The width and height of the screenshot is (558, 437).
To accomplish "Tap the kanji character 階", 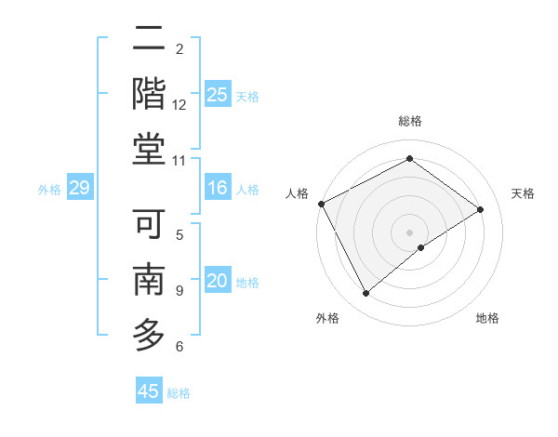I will coord(149,94).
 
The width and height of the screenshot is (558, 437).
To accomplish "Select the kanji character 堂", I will coord(149,149).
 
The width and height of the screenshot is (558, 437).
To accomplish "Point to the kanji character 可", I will coord(149,224).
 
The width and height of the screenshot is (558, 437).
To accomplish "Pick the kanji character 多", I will coord(149,335).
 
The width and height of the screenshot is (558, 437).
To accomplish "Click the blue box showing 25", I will coord(218,94).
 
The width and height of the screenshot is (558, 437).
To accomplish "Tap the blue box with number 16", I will coord(218,189).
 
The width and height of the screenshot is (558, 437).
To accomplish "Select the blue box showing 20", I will coord(218,282).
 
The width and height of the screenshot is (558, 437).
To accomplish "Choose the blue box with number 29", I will coord(79,189).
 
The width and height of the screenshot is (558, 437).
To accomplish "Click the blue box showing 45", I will coord(149,391).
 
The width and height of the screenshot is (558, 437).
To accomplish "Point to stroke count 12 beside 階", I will coord(179,105).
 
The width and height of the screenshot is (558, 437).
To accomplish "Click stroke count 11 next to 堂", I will coord(179,161).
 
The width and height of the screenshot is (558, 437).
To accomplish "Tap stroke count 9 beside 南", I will coord(179,291).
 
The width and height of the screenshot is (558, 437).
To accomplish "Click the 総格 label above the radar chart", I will coord(409,121).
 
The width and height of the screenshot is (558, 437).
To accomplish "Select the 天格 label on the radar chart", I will coord(523,193).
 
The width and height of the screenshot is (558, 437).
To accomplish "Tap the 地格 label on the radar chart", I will coord(487,318).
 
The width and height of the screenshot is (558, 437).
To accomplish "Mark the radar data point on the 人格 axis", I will coord(321,204).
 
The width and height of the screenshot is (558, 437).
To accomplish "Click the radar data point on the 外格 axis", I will coord(365,294).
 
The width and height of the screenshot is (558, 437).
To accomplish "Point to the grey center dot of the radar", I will coord(409,232).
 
